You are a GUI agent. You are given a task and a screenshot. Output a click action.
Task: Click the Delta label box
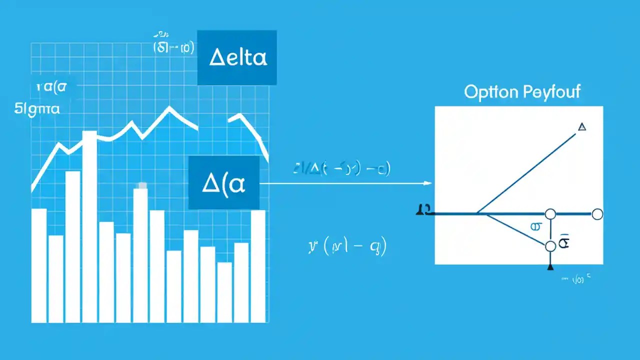click(237, 57)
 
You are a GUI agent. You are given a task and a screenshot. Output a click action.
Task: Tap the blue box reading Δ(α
click(224, 182)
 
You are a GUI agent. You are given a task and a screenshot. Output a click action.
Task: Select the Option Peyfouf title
click(522, 92)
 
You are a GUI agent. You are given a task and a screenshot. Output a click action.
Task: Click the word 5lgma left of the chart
click(37, 108)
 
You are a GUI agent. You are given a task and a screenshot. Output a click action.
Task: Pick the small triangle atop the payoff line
click(581, 127)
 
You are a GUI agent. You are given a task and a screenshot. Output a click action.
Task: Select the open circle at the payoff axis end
click(597, 214)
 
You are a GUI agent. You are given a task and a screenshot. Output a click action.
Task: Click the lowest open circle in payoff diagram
click(550, 246)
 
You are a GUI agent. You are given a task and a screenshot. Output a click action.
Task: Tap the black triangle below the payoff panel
click(550, 267)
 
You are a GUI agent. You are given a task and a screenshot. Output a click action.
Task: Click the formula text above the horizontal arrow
click(341, 169)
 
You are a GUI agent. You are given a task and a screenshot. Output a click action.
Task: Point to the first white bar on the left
click(39, 265)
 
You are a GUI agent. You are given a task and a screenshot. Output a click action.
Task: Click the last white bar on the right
click(258, 266)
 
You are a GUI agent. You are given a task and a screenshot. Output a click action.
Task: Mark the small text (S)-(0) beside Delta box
click(173, 48)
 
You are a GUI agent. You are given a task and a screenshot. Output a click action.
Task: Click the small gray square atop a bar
click(142, 185)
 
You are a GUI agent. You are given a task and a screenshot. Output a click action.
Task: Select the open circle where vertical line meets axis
click(550, 214)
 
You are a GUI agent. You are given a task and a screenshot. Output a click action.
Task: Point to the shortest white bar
click(224, 292)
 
